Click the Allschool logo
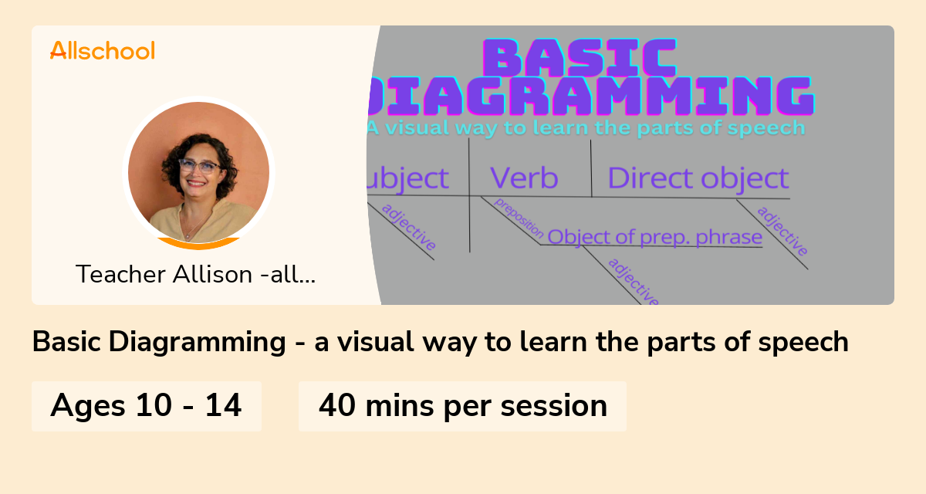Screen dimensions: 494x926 point(102,51)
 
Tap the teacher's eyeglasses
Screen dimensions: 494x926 point(198,166)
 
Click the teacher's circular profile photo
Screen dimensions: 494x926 point(199,172)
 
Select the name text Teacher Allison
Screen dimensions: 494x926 point(196,274)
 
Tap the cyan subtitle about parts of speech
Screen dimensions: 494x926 point(586,127)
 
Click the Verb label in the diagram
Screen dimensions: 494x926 point(524,178)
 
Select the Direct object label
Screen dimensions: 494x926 point(698,178)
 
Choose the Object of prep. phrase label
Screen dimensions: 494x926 point(654,237)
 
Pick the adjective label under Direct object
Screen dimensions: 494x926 point(782,231)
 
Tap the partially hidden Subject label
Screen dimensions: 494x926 point(408,178)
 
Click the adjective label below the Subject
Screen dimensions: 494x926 point(409,228)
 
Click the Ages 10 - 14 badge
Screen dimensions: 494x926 point(147,405)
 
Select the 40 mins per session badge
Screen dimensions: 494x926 point(462,405)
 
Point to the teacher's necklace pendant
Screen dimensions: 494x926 point(186,234)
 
